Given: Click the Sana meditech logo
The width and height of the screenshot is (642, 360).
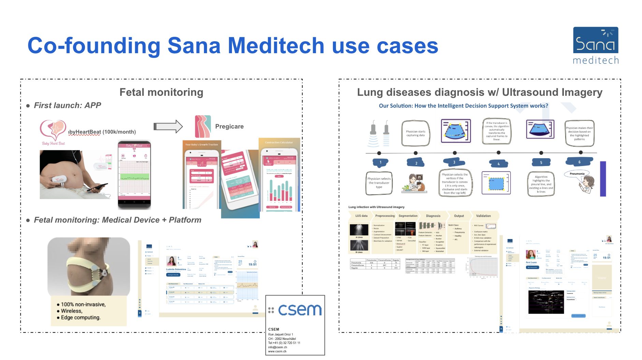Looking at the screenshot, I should (595, 45).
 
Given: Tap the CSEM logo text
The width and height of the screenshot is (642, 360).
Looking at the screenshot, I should (300, 310).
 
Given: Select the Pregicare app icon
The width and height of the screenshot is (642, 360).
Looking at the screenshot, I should (202, 126).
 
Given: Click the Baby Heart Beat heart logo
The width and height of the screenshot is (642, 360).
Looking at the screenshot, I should (53, 131).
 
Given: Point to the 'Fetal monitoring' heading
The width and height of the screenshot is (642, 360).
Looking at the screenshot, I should (161, 92).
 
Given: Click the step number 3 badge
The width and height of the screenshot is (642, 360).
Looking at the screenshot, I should (454, 162).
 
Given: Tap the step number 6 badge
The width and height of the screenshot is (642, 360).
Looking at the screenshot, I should (579, 162).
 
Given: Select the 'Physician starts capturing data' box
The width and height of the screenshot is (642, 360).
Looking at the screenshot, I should (415, 133).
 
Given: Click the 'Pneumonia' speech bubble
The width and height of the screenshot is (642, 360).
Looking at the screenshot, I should (577, 174).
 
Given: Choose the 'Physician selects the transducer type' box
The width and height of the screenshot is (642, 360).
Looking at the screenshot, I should (379, 183).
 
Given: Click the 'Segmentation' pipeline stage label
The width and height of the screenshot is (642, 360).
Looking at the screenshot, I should (408, 216).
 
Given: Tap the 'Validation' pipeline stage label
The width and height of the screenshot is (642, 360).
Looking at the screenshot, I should (483, 216).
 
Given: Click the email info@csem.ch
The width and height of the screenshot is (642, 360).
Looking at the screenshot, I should (277, 347).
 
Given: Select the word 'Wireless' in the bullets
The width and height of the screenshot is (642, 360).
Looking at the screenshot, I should (71, 311).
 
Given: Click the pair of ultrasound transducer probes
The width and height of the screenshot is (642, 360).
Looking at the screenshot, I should (379, 133).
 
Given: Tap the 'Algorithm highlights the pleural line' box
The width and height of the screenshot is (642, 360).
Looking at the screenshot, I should (541, 184).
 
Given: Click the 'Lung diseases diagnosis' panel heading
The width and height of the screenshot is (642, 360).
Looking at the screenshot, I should (479, 92).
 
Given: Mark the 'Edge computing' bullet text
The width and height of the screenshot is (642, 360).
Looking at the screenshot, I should (81, 317).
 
